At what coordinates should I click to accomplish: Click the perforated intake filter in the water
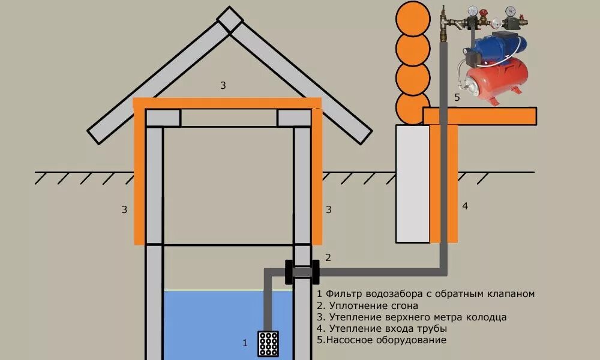[x=267, y=344]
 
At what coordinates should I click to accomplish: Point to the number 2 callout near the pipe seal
[x=328, y=257]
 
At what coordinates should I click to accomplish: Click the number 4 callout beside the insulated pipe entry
[x=465, y=206]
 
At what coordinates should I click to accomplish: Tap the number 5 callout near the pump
[x=457, y=97]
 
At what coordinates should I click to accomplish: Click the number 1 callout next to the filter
[x=245, y=343]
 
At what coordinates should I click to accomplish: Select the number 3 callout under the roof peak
[x=223, y=85]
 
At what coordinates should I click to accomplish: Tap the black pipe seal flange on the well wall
[x=302, y=272]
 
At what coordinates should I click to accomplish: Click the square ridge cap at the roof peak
[x=230, y=20]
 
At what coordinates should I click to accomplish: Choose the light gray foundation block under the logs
[x=412, y=184]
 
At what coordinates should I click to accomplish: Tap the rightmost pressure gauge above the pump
[x=511, y=11]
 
